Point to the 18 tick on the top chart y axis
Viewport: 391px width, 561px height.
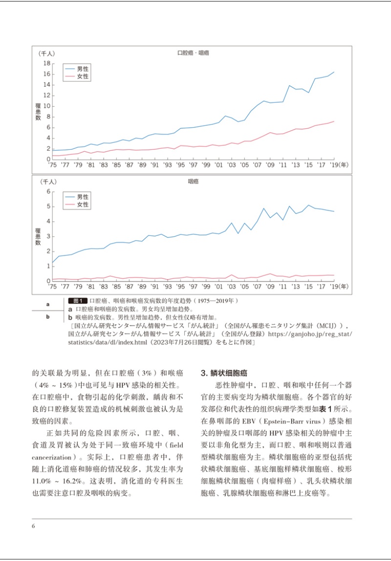pos(47,64)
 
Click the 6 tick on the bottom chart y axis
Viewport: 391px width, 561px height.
pos(49,191)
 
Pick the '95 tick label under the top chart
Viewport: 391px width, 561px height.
pos(181,165)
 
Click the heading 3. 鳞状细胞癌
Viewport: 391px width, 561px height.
pos(224,373)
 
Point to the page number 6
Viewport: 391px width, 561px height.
pos(33,526)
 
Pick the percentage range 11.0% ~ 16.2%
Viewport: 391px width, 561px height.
pos(56,481)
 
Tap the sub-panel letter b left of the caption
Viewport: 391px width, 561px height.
pos(47,316)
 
